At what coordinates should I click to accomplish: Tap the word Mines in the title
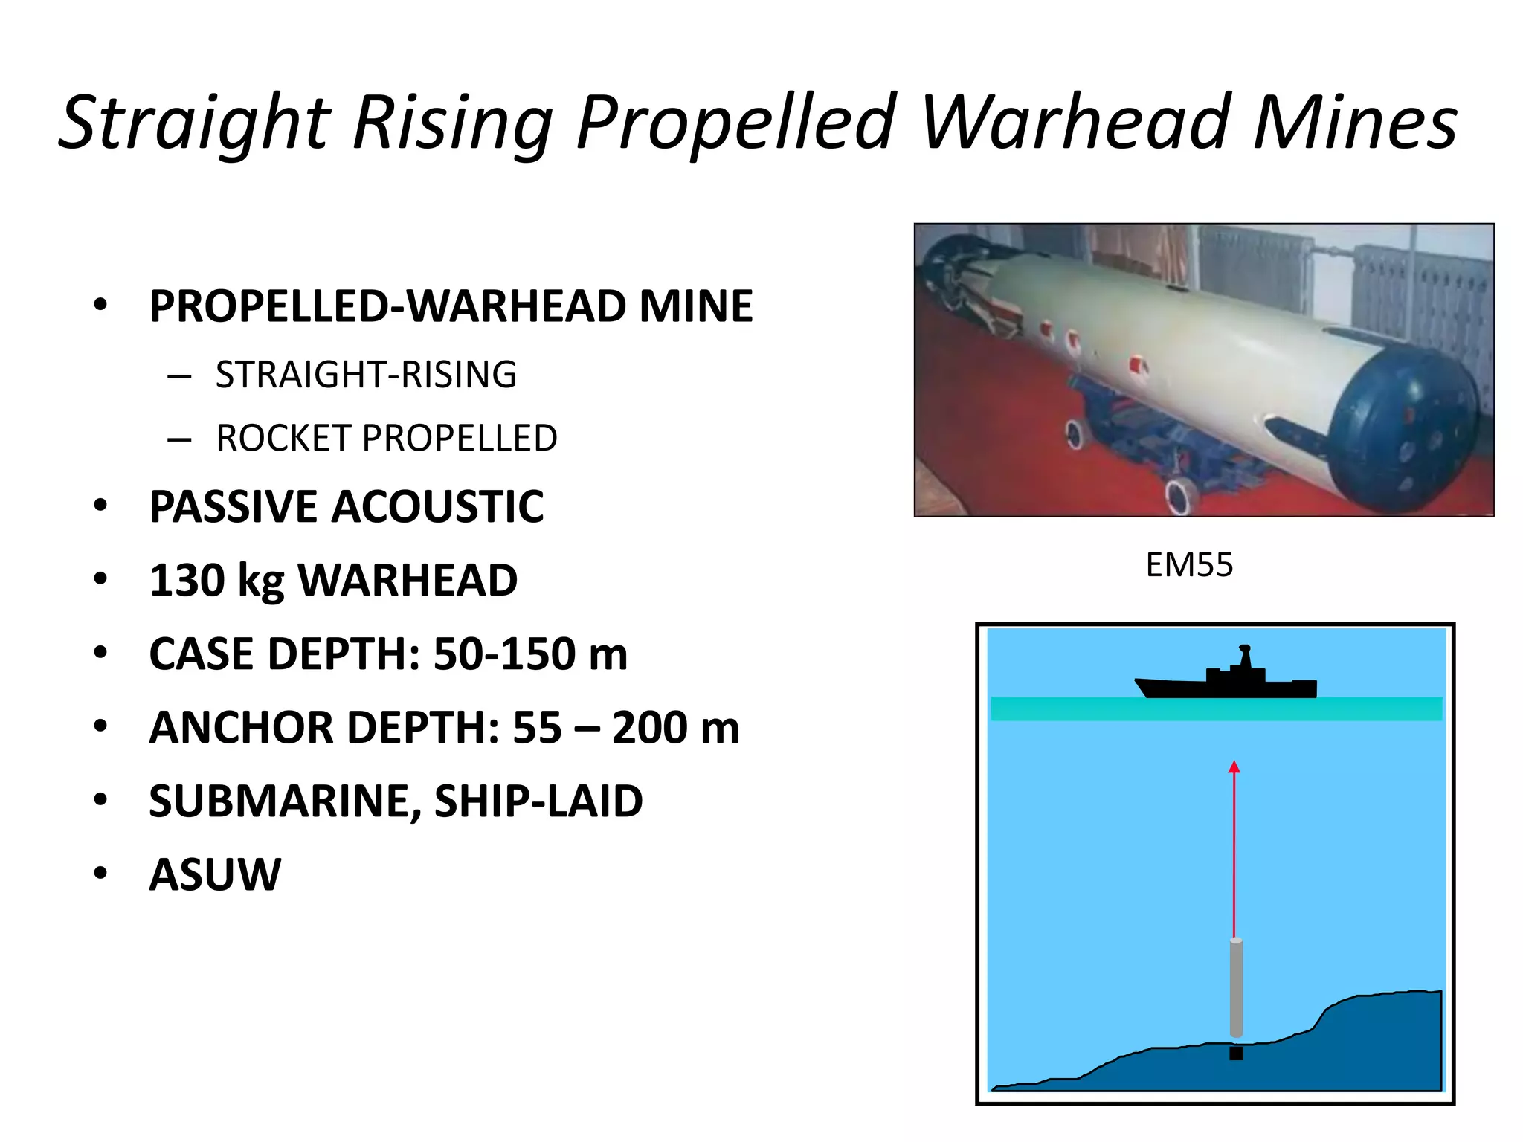click(1356, 122)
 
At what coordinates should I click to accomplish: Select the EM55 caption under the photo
click(1189, 565)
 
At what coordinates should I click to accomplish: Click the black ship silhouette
click(1228, 680)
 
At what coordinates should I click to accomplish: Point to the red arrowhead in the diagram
click(1234, 767)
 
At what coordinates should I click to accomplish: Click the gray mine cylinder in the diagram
click(1236, 988)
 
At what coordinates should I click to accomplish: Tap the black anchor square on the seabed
click(1236, 1053)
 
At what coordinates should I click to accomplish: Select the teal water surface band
click(1216, 709)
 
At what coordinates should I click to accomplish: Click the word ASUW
click(216, 874)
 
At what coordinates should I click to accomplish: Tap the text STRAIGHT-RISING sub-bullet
click(366, 374)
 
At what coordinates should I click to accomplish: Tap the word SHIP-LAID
click(538, 801)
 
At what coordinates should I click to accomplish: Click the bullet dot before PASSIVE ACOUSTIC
click(100, 506)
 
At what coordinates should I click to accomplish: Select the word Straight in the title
click(195, 123)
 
